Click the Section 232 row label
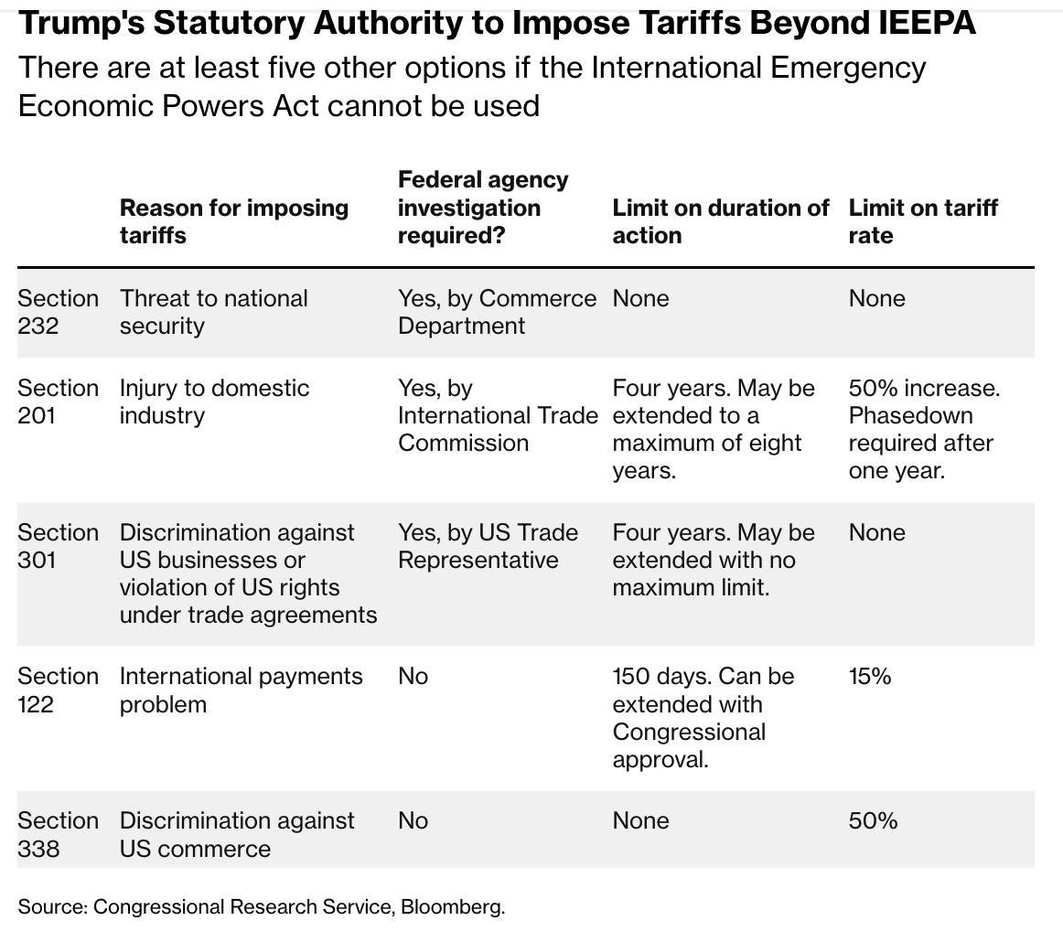(58, 312)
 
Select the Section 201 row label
(58, 401)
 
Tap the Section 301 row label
(58, 546)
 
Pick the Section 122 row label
(58, 690)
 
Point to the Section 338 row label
(58, 834)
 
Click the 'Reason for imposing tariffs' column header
(233, 221)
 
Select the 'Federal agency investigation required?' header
(482, 208)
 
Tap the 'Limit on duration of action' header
(720, 221)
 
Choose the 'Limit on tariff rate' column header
(922, 221)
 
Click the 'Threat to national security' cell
(213, 312)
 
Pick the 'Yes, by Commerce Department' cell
(496, 312)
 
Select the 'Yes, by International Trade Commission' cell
(497, 415)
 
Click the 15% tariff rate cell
(869, 677)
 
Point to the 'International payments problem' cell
(241, 690)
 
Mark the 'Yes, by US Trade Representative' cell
(487, 546)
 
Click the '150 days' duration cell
(703, 718)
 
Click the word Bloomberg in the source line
(452, 907)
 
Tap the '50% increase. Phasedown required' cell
(924, 429)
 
